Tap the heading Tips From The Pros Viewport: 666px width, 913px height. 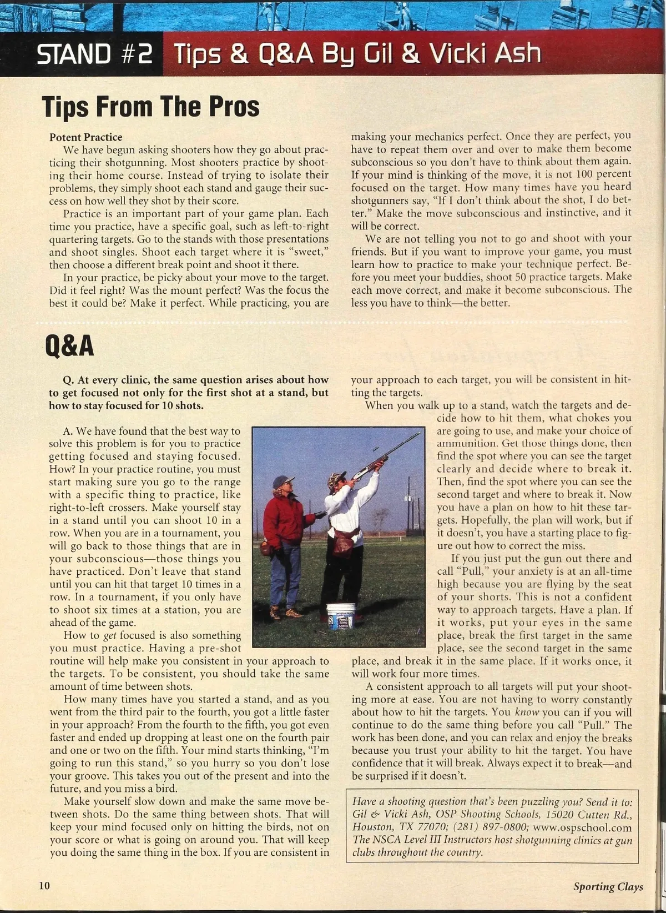[x=152, y=106]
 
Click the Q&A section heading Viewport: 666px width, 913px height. [x=69, y=346]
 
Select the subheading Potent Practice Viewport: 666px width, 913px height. [x=85, y=137]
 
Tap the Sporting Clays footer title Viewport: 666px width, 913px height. [x=608, y=886]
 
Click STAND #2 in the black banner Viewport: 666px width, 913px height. [x=94, y=55]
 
